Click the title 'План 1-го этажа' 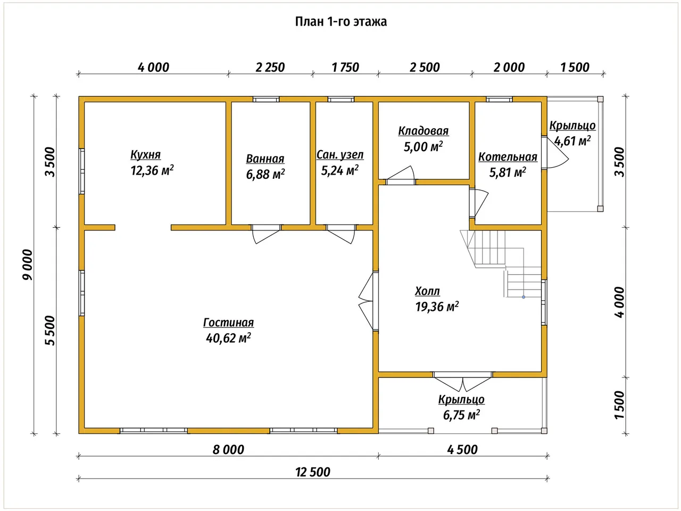tap(340, 22)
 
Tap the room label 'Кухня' tap(145, 154)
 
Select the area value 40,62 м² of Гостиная tap(228, 338)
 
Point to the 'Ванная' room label tap(265, 159)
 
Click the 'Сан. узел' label tap(340, 155)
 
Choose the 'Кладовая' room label tap(423, 131)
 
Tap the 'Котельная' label tap(508, 157)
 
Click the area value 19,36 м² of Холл tap(437, 307)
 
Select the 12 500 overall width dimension tap(313, 472)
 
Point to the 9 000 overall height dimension tap(28, 265)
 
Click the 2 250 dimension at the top tap(270, 67)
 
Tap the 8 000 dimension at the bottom tap(228, 450)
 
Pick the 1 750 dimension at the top tap(345, 67)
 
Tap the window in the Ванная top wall tap(266, 100)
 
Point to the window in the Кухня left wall tap(81, 171)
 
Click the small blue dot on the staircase tap(524, 297)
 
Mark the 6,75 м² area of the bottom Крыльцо tap(461, 415)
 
